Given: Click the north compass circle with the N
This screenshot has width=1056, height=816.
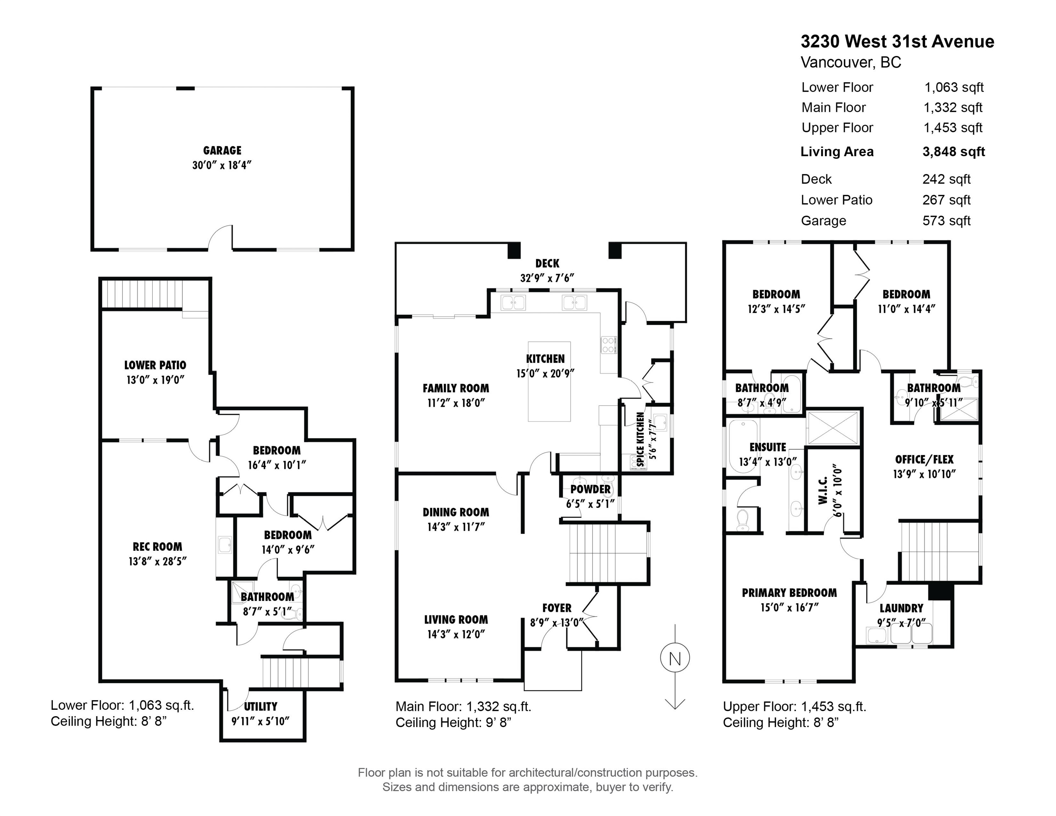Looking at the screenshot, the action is point(675,658).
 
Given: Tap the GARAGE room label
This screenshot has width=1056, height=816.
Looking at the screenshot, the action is point(222,150).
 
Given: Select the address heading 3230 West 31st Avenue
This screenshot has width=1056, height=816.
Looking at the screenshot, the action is point(897,41).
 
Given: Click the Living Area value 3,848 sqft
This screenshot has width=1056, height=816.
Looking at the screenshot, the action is point(954,152).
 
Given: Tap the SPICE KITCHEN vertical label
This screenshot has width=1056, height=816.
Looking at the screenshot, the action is point(640,439).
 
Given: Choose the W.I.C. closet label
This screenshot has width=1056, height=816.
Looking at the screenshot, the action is point(823,490).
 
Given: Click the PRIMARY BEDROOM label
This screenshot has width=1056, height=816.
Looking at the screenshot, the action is point(789,593).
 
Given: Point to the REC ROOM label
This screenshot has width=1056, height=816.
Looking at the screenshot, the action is point(158,547).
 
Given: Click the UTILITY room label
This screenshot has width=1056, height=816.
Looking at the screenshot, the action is point(261,706).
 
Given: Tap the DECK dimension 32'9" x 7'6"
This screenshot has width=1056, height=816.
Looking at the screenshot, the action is point(547,278).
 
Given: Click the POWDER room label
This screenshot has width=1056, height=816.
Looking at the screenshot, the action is point(591,489).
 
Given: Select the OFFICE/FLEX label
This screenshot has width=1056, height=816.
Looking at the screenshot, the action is point(924,459).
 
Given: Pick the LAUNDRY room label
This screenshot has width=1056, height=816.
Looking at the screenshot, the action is point(901,608).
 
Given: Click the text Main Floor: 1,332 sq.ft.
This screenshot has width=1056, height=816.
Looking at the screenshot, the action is point(463,707).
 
